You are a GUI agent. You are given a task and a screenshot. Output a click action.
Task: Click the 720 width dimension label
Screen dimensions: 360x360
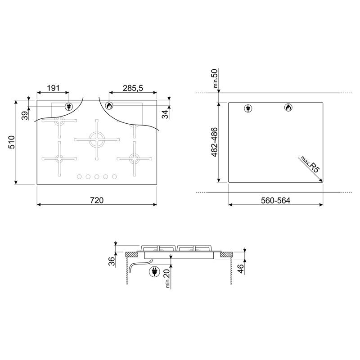click(x=97, y=200)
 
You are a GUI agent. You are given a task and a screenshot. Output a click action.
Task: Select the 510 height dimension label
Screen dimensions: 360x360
click(x=12, y=142)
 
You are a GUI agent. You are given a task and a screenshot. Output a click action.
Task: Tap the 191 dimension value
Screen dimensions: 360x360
click(x=53, y=88)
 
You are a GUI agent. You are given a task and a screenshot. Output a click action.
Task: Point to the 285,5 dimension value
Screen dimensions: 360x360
click(x=133, y=88)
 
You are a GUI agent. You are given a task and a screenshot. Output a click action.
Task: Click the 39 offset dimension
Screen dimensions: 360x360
click(x=25, y=116)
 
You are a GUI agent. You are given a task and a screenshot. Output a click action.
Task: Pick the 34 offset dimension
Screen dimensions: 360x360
click(x=165, y=114)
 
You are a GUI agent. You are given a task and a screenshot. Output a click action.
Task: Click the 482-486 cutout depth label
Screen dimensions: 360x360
click(x=214, y=142)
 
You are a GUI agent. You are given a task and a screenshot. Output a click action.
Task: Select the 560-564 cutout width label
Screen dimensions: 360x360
click(x=275, y=200)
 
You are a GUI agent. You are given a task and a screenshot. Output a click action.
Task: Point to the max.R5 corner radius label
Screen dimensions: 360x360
click(x=310, y=164)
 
